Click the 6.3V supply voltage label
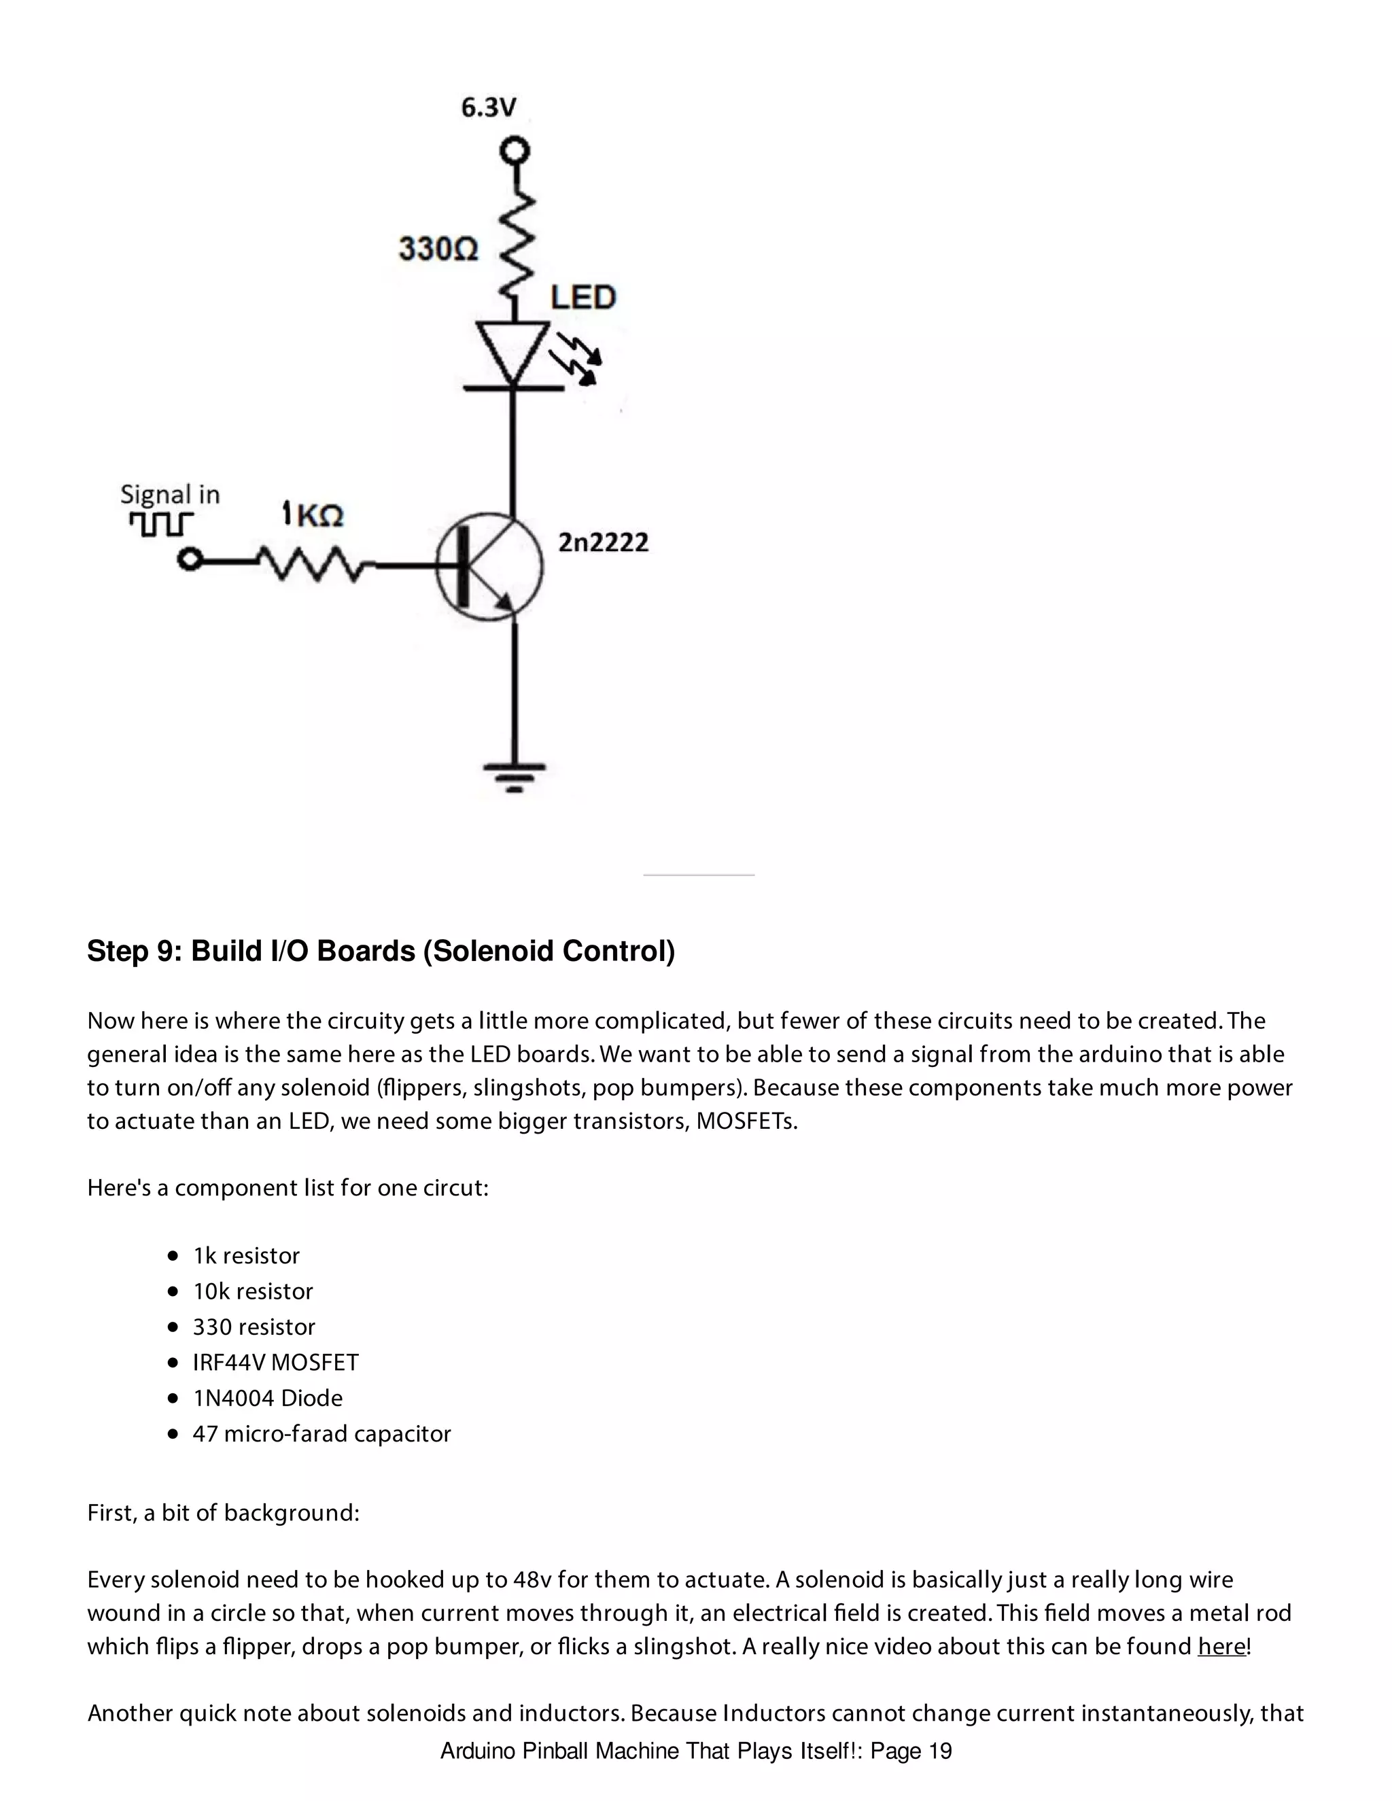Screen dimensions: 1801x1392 tap(488, 108)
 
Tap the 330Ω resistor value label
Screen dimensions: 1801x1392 tap(438, 248)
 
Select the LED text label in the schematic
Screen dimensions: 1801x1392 tap(583, 298)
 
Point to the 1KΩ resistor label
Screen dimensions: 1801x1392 tap(313, 514)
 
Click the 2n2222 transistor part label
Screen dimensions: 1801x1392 tap(604, 542)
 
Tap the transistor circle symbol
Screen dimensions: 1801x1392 tap(490, 567)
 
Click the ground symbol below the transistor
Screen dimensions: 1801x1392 tap(515, 776)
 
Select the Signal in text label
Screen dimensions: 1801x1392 tap(170, 494)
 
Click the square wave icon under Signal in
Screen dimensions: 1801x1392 tap(161, 523)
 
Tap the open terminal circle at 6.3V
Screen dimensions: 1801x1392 tap(515, 152)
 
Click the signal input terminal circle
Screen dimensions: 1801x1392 tap(190, 561)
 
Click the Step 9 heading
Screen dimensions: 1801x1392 tap(381, 951)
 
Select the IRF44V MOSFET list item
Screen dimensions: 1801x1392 tap(275, 1362)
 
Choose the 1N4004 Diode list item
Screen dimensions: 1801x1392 tap(267, 1398)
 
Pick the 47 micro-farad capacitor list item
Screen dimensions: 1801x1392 tap(321, 1434)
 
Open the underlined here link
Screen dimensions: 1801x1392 tap(1221, 1646)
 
